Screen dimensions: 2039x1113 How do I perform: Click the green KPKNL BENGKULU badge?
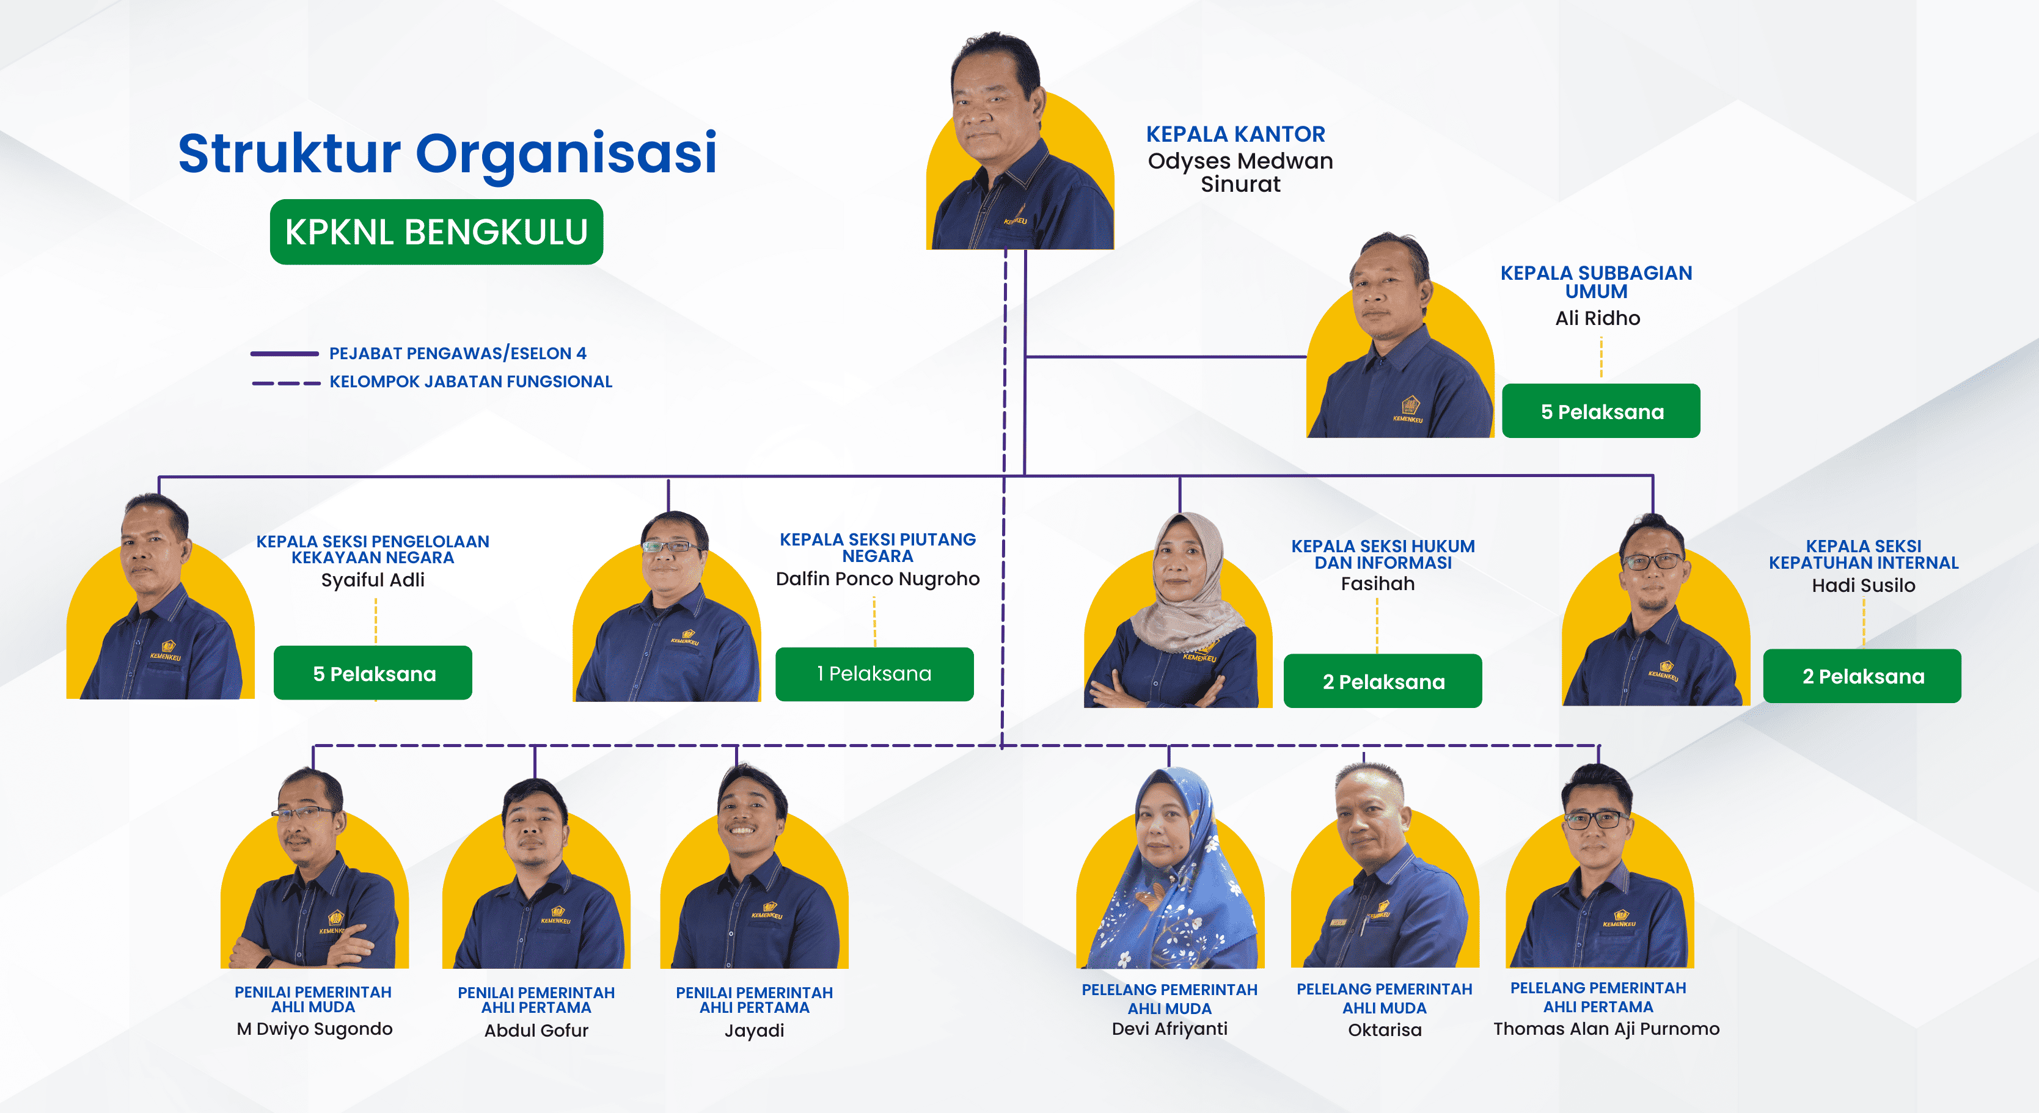(x=436, y=232)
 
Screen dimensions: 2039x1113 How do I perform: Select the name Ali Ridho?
(x=1597, y=318)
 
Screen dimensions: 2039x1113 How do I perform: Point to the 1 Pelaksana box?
(x=874, y=674)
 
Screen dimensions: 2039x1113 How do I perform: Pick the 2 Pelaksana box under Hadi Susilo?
(x=1862, y=676)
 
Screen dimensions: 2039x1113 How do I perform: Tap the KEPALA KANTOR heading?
(x=1235, y=134)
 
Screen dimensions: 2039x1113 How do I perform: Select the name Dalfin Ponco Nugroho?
(x=878, y=578)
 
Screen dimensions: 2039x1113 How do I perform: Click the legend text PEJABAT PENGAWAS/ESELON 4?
(x=458, y=353)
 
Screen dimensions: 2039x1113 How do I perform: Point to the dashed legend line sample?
(x=286, y=383)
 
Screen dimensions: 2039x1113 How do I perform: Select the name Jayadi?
(x=755, y=1030)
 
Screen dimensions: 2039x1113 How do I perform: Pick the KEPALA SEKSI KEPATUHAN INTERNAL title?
(x=1863, y=554)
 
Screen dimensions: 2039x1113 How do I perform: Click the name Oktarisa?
(x=1385, y=1030)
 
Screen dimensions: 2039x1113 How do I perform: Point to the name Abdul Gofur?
(x=536, y=1030)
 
